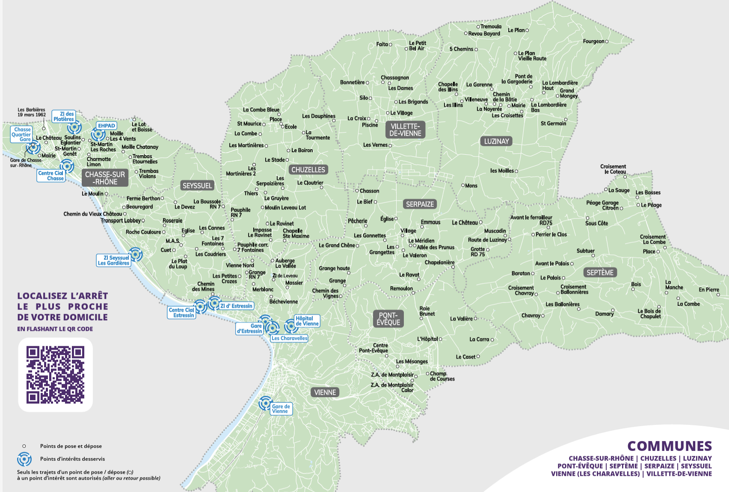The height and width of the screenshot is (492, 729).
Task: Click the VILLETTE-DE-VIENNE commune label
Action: pos(405,130)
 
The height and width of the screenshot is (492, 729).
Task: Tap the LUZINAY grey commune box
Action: pos(496,141)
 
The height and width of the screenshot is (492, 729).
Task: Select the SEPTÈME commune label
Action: pos(600,272)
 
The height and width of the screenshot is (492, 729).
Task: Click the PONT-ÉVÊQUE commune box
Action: pos(388,319)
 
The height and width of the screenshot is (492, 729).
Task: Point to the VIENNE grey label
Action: pos(325,392)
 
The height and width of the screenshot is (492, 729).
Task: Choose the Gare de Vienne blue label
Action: pos(281,409)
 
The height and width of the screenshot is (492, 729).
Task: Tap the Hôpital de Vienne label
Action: pos(307,321)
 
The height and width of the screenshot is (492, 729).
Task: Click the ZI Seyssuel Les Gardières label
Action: pos(113,260)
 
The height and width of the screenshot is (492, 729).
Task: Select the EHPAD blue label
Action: pos(107,126)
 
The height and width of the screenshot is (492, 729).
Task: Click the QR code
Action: pos(56,375)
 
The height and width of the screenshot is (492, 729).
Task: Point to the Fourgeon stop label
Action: pos(593,41)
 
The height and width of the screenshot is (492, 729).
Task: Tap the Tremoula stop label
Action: pos(491,27)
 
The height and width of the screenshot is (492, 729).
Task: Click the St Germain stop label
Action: pos(553,124)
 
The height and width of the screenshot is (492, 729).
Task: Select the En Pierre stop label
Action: pos(708,290)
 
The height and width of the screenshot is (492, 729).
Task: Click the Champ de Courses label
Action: pos(442,376)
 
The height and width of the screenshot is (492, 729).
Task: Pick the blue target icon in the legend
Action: pos(24,459)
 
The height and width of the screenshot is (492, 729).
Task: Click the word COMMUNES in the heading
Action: pos(670,446)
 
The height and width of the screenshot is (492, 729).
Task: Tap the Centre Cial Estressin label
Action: pos(181,312)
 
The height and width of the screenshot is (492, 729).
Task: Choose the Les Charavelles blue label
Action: pos(289,338)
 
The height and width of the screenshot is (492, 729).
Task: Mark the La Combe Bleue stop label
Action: pos(261,110)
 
